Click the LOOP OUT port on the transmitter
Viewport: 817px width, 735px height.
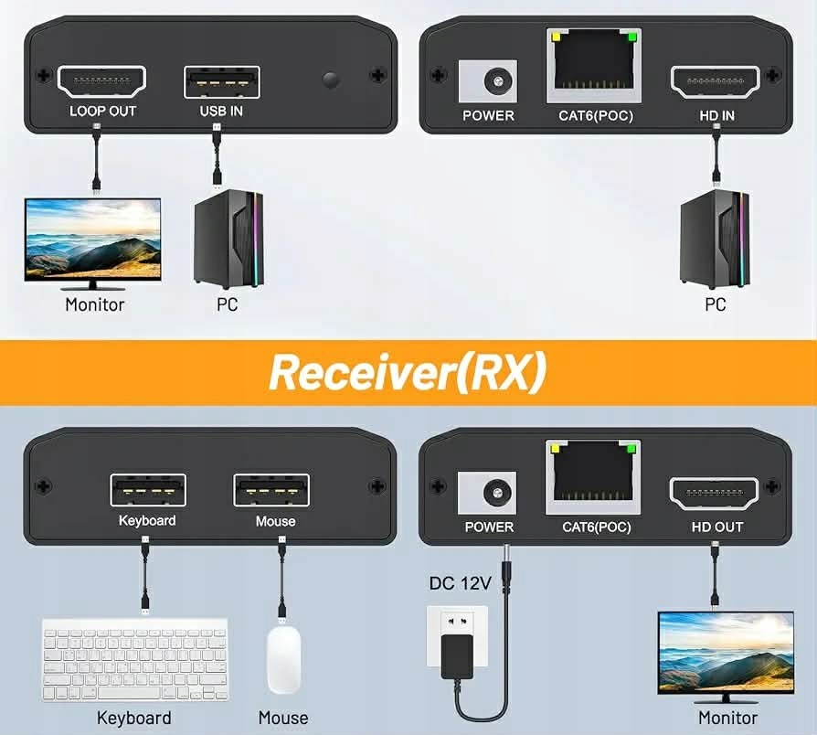[x=102, y=81]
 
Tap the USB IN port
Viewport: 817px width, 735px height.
[x=221, y=82]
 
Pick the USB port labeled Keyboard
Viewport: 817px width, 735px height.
[x=148, y=490]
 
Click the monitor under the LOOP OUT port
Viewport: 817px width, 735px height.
[x=92, y=240]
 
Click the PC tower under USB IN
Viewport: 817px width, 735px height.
[x=228, y=240]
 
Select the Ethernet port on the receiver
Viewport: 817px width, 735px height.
[x=593, y=478]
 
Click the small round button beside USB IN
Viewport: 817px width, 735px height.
[x=331, y=80]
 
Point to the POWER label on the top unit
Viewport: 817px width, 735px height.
[x=488, y=115]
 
